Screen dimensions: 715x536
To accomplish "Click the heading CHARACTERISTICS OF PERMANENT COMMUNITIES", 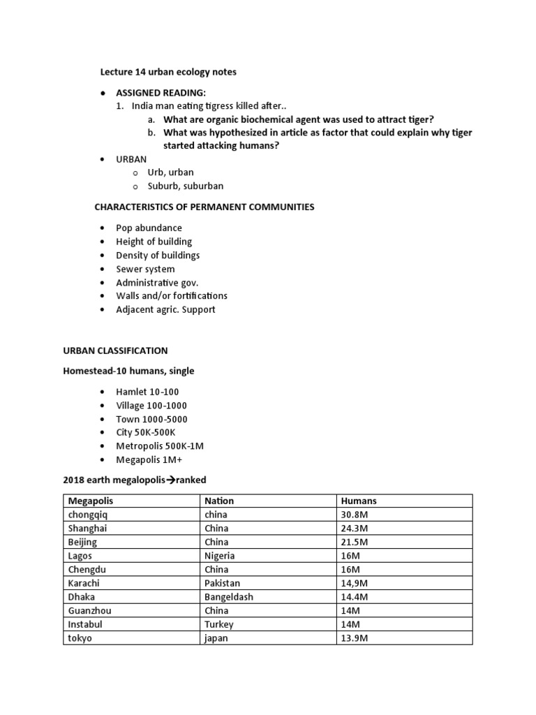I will [204, 207].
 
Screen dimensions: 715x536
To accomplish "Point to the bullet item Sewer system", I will [145, 269].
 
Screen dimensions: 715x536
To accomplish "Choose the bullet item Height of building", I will [154, 242].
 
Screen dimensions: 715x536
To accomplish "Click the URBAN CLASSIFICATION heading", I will [115, 351].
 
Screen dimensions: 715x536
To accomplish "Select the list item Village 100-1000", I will [151, 406].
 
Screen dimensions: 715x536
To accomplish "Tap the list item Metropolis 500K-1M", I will [160, 445].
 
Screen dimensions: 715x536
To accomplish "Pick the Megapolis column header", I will [90, 501].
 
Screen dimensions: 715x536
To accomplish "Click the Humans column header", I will [359, 501].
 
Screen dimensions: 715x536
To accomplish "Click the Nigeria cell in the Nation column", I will [220, 556].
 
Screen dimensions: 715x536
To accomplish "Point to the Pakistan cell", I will [222, 583].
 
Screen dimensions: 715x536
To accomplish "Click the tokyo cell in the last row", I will [80, 638].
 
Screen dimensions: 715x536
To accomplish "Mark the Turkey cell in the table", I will [219, 624].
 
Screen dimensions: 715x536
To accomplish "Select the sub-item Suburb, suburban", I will [186, 186].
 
